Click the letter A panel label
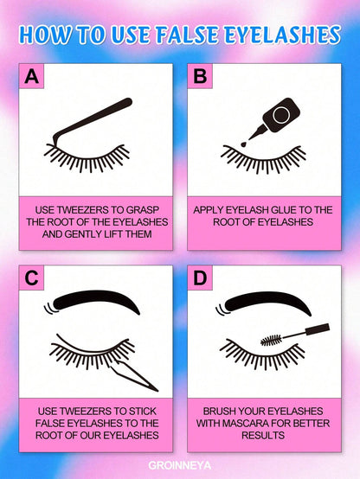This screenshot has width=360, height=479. [x=32, y=76]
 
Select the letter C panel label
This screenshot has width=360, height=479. [x=32, y=278]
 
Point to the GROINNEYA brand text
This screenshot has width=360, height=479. [x=180, y=463]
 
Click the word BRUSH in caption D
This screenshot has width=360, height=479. [x=221, y=412]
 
